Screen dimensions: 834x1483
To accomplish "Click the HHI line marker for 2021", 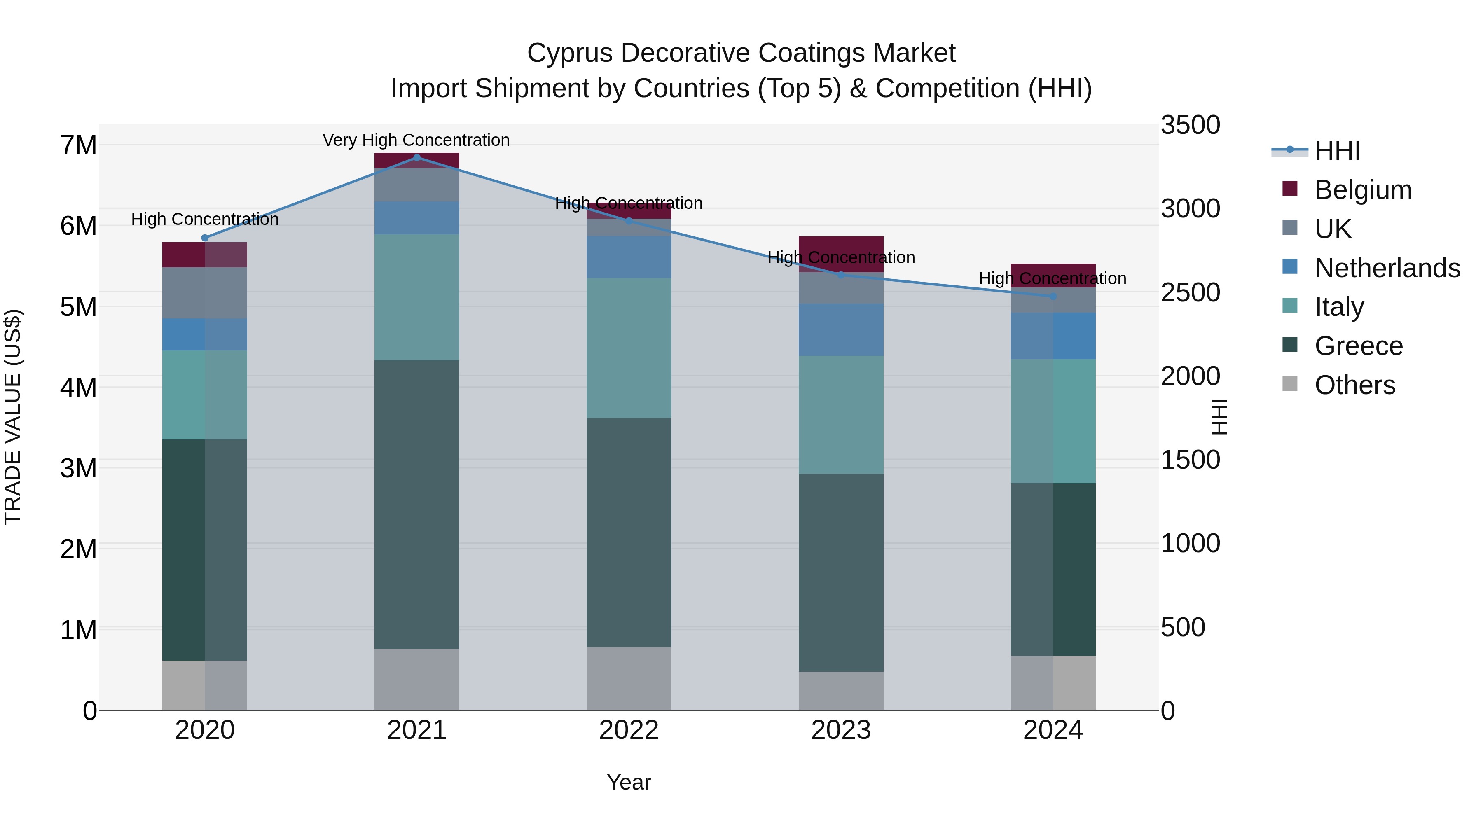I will point(417,157).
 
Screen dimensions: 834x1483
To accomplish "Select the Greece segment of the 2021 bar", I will point(417,505).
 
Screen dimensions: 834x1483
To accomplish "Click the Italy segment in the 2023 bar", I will point(841,415).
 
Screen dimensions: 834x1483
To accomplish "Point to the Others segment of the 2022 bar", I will point(629,679).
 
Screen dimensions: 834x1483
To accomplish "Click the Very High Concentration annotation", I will point(416,140).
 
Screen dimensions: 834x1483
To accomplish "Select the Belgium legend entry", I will point(1363,190).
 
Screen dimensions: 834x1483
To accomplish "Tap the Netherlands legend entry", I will point(1387,268).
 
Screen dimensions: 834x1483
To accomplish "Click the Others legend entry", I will point(1354,385).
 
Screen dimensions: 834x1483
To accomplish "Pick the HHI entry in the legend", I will point(1337,151).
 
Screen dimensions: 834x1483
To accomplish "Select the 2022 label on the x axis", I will point(629,730).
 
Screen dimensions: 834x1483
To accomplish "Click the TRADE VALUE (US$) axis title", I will point(13,417).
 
